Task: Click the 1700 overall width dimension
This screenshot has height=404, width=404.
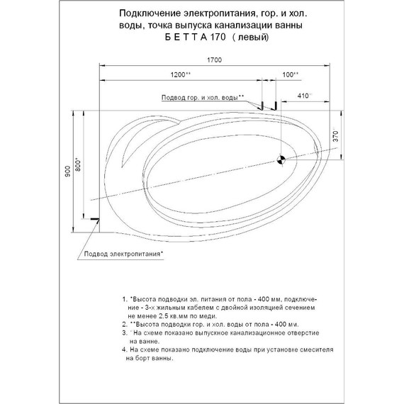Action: point(215,60)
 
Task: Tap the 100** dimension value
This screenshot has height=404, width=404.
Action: point(290,74)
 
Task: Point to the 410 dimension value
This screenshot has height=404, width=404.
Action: point(303,94)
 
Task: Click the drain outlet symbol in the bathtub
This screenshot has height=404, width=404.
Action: point(281,159)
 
